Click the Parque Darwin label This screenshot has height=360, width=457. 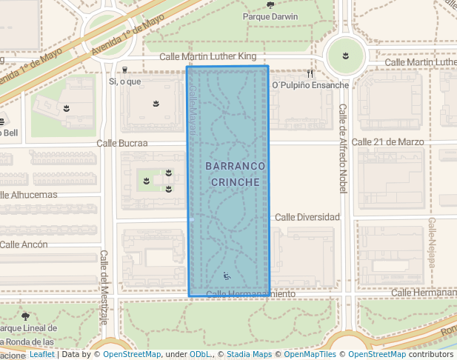[270, 16]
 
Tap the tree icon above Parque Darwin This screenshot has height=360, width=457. [270, 4]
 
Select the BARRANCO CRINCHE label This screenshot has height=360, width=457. [233, 174]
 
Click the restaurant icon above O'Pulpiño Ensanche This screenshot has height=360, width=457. [310, 74]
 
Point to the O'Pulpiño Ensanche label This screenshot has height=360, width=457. [310, 85]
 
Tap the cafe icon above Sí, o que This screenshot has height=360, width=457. [124, 70]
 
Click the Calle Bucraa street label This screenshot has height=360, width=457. [122, 143]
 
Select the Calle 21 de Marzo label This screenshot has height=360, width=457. [387, 141]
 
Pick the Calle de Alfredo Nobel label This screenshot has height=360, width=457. [343, 148]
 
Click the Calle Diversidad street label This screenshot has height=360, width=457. [307, 217]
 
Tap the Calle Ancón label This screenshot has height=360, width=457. [24, 244]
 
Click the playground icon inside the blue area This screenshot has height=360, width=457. [227, 276]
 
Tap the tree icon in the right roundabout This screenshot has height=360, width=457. [344, 54]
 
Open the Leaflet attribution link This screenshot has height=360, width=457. [41, 354]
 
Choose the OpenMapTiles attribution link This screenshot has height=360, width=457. [307, 354]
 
